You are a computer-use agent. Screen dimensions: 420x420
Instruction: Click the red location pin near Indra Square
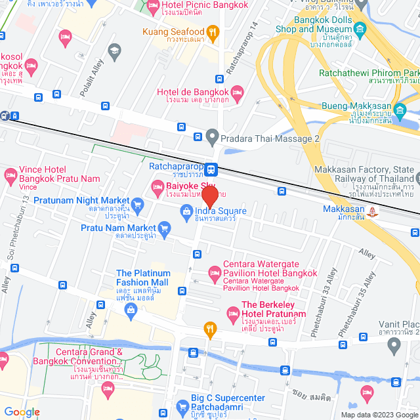209,196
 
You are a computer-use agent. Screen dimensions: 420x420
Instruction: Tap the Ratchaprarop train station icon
211,169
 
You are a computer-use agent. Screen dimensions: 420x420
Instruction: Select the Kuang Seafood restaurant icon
212,31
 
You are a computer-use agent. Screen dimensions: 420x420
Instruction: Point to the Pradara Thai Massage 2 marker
211,138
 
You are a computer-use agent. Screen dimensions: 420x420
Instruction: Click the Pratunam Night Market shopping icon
137,204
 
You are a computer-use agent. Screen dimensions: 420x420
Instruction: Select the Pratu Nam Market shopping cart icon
164,228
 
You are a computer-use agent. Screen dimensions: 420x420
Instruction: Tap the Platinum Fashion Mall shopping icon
130,316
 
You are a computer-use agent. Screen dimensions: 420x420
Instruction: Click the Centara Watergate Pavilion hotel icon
214,272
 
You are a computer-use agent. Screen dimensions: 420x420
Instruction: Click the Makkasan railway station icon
373,211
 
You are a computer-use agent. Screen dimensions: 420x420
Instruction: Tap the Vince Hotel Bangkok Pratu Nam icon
10,175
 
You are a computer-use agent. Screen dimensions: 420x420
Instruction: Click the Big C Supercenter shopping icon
182,406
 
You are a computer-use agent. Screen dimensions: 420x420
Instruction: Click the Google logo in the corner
21,411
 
